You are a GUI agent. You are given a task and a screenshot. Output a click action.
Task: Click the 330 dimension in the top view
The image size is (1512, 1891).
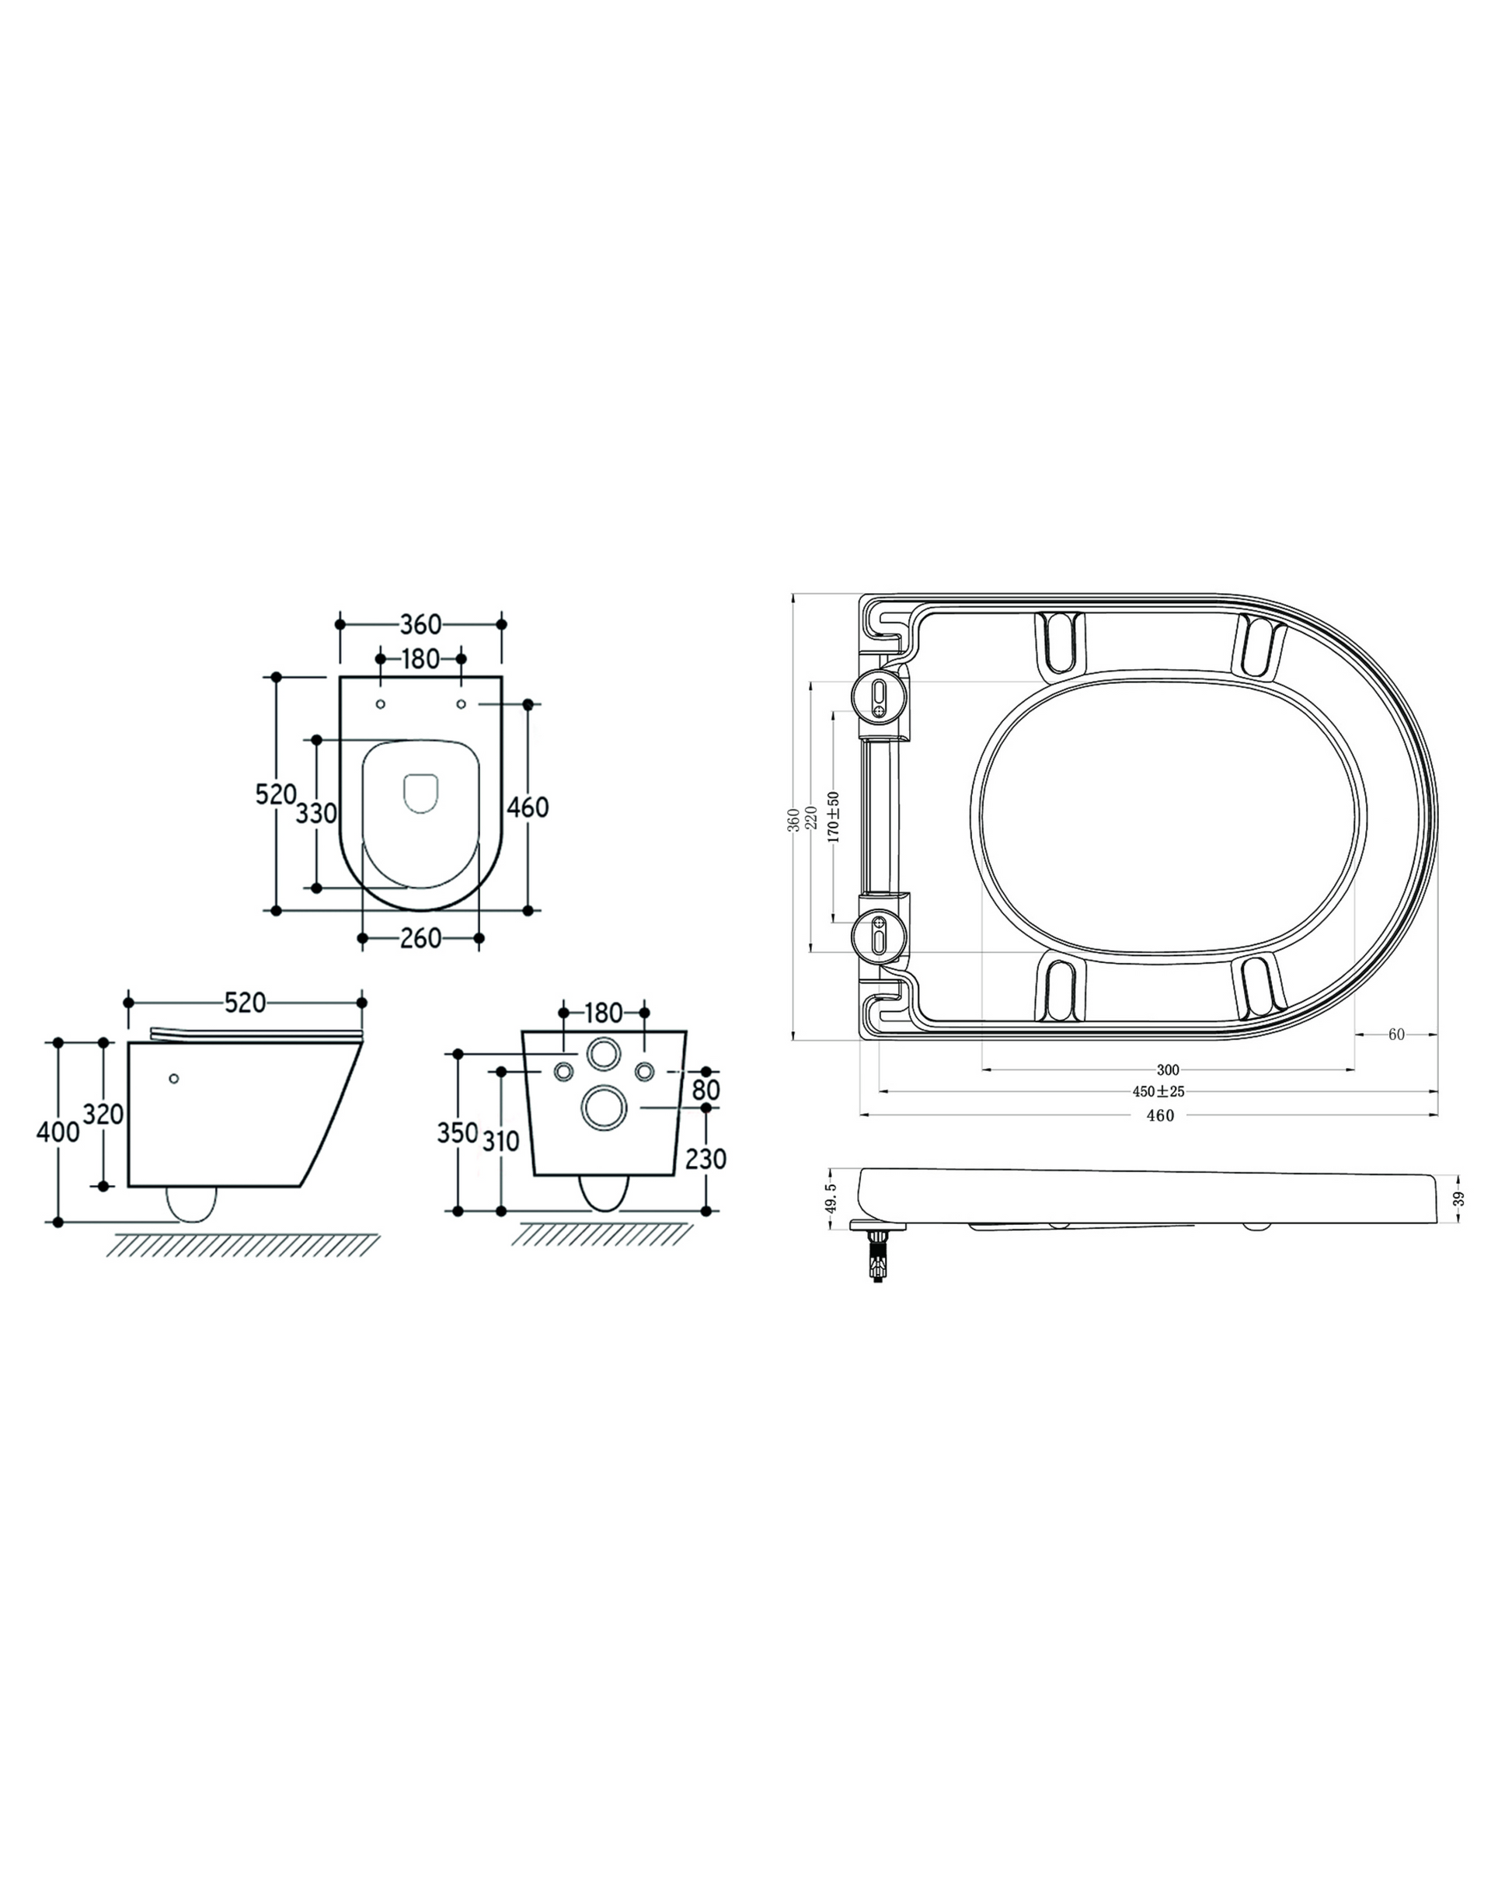click(x=315, y=814)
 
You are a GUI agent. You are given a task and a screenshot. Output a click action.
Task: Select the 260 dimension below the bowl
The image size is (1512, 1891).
click(x=420, y=938)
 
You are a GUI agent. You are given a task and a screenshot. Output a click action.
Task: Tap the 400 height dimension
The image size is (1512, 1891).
click(x=57, y=1132)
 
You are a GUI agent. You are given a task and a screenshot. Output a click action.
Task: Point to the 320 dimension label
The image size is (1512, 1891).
click(x=103, y=1114)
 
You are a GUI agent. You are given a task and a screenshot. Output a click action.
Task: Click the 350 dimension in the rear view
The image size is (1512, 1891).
click(x=458, y=1132)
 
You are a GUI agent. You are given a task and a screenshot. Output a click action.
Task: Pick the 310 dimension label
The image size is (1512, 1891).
click(x=501, y=1141)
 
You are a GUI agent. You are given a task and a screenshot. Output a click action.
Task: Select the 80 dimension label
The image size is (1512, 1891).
click(x=706, y=1090)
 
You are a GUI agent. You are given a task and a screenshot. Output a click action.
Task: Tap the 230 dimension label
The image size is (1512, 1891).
click(x=706, y=1159)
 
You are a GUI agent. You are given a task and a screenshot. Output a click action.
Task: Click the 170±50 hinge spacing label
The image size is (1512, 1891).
click(x=834, y=818)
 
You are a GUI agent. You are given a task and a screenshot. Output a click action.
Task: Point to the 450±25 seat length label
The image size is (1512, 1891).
click(x=1158, y=1092)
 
